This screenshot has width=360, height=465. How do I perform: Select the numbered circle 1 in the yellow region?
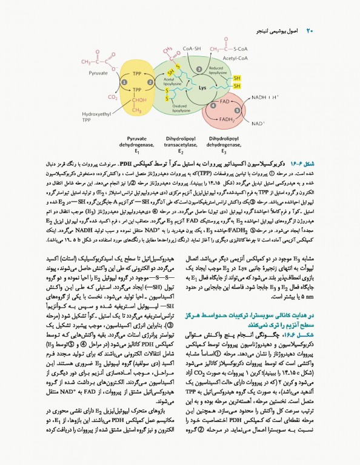[x=124, y=81]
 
